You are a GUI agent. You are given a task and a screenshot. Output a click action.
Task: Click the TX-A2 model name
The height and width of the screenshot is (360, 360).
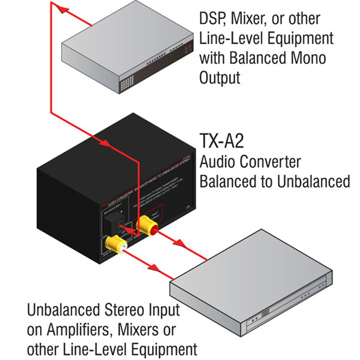(x=221, y=141)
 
